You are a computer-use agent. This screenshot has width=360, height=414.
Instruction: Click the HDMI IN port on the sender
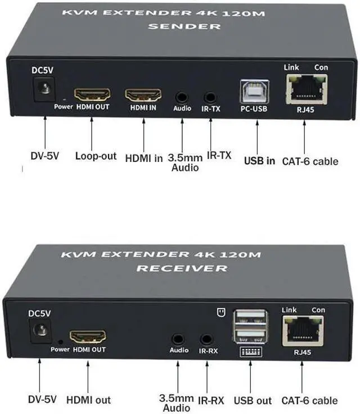143,94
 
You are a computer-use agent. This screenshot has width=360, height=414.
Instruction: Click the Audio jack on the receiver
178,339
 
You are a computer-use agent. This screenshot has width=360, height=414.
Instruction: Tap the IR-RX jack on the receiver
207,339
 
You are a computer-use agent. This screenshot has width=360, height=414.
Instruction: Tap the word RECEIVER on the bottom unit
181,268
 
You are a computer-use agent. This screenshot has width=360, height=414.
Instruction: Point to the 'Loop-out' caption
95,156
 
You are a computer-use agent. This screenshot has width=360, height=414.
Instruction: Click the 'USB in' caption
259,161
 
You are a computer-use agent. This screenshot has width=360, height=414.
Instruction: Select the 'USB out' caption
253,400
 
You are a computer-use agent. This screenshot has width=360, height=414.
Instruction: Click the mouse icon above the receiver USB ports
220,310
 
